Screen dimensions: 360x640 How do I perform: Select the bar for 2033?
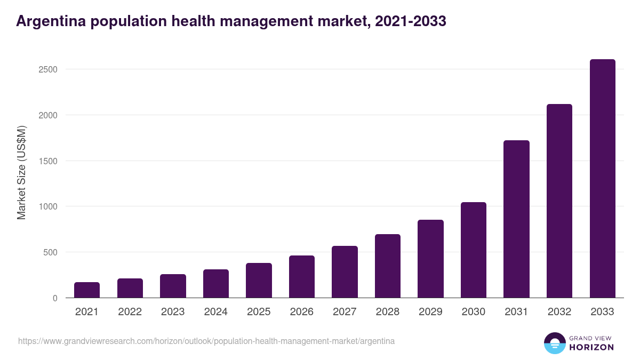pyautogui.click(x=602, y=179)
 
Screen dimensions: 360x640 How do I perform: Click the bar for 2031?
pyautogui.click(x=516, y=219)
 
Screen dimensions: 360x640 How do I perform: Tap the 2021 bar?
pyautogui.click(x=87, y=290)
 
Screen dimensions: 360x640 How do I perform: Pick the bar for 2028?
pyautogui.click(x=387, y=266)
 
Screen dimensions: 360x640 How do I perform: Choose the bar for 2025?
pyautogui.click(x=259, y=281)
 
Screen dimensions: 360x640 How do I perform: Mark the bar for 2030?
pyautogui.click(x=474, y=250)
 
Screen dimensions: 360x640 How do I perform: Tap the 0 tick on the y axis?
pyautogui.click(x=54, y=298)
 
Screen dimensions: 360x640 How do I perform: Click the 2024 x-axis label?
pyautogui.click(x=215, y=312)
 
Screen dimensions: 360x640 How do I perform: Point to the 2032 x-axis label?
pyautogui.click(x=559, y=312)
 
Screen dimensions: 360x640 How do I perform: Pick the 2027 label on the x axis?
pyautogui.click(x=345, y=312)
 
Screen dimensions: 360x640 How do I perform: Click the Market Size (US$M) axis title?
pyautogui.click(x=21, y=172)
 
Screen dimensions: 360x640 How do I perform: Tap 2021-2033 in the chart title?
pyautogui.click(x=411, y=21)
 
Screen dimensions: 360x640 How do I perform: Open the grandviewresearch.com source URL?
pyautogui.click(x=206, y=341)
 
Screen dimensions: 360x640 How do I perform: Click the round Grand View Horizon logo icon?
pyautogui.click(x=555, y=343)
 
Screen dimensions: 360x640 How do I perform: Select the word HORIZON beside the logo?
pyautogui.click(x=592, y=347)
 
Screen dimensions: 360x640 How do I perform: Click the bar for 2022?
pyautogui.click(x=130, y=288)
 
